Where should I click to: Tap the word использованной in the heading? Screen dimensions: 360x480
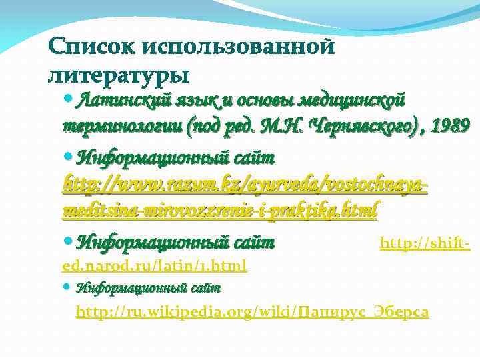click(237, 46)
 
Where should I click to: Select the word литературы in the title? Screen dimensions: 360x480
click(119, 73)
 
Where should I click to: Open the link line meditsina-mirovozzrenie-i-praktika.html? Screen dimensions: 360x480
click(220, 211)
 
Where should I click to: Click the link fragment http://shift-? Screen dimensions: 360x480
click(425, 245)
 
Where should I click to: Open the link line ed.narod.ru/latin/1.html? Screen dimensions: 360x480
click(154, 266)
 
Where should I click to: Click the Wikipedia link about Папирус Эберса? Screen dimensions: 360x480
click(252, 311)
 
